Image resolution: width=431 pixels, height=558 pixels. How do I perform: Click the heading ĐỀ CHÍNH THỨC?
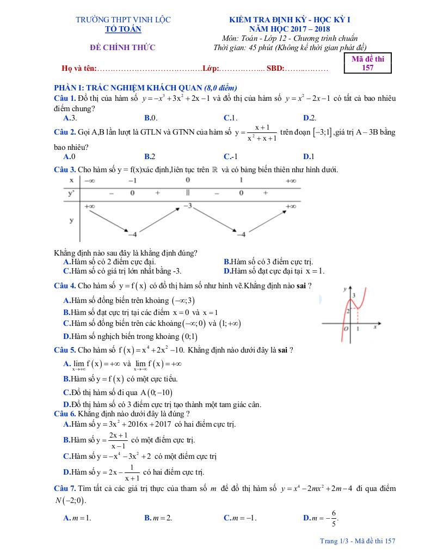pos(122,48)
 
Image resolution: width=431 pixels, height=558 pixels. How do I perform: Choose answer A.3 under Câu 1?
pos(70,118)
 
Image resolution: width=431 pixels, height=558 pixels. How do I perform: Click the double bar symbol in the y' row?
pos(187,192)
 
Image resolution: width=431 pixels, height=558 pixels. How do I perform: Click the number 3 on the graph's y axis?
pos(354,295)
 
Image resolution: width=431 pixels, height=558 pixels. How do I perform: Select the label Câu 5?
pos(64,350)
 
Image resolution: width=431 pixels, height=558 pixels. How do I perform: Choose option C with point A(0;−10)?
pos(118,392)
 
